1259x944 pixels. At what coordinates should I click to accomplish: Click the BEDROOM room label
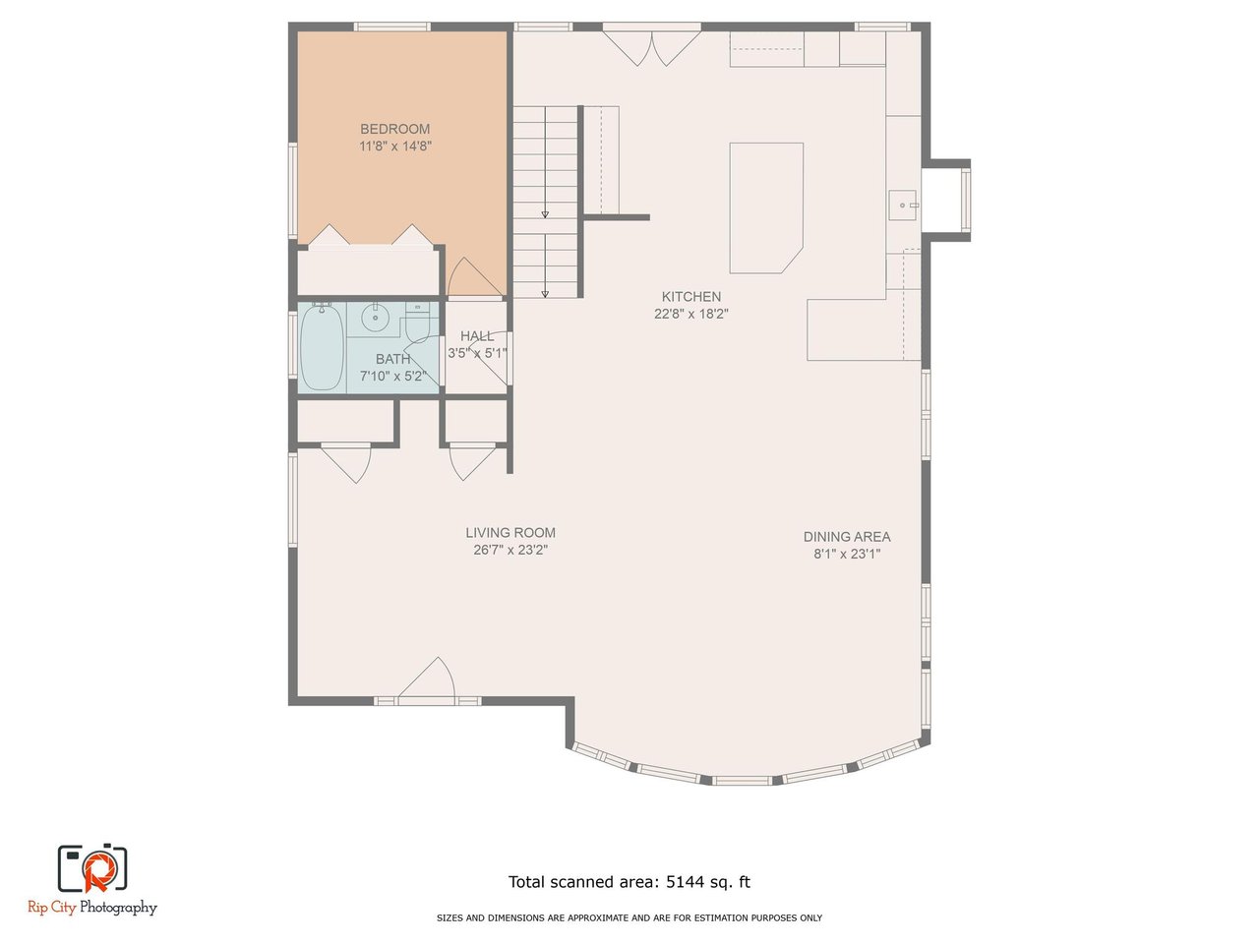point(394,129)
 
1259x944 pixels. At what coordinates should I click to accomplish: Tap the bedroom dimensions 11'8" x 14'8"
point(395,147)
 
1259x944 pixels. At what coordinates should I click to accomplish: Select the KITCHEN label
point(691,297)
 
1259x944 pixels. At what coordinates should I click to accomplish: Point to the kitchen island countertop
point(765,208)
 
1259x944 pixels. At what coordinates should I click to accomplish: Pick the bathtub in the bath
point(322,347)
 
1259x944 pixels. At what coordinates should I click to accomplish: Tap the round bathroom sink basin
point(376,318)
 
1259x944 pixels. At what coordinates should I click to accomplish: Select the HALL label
point(477,336)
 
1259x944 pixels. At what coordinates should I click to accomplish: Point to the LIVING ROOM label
point(510,533)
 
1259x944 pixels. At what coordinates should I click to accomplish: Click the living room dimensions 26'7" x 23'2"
point(510,551)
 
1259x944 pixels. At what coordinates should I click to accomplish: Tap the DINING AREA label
point(847,537)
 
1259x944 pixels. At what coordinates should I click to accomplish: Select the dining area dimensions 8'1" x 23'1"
point(847,555)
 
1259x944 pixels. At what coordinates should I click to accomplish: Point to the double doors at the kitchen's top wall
point(652,48)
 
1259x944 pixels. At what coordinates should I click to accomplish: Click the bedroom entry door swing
point(474,277)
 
